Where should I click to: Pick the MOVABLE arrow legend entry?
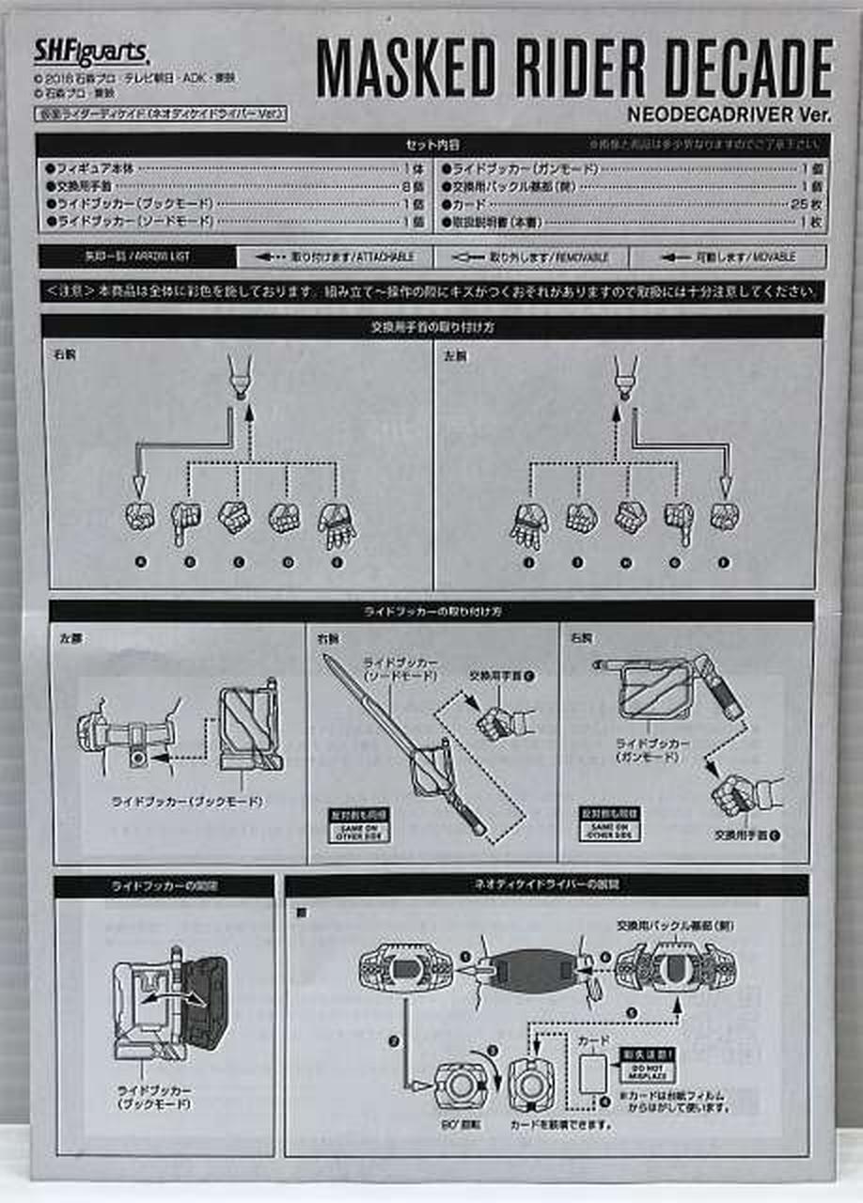pos(728,257)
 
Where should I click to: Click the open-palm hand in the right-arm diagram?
pos(336,525)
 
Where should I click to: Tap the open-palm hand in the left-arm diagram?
pos(529,525)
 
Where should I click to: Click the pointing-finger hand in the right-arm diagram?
pos(187,522)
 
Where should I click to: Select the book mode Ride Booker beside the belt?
pos(248,729)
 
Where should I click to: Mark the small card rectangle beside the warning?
pos(593,1074)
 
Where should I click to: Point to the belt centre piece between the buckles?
pos(531,970)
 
